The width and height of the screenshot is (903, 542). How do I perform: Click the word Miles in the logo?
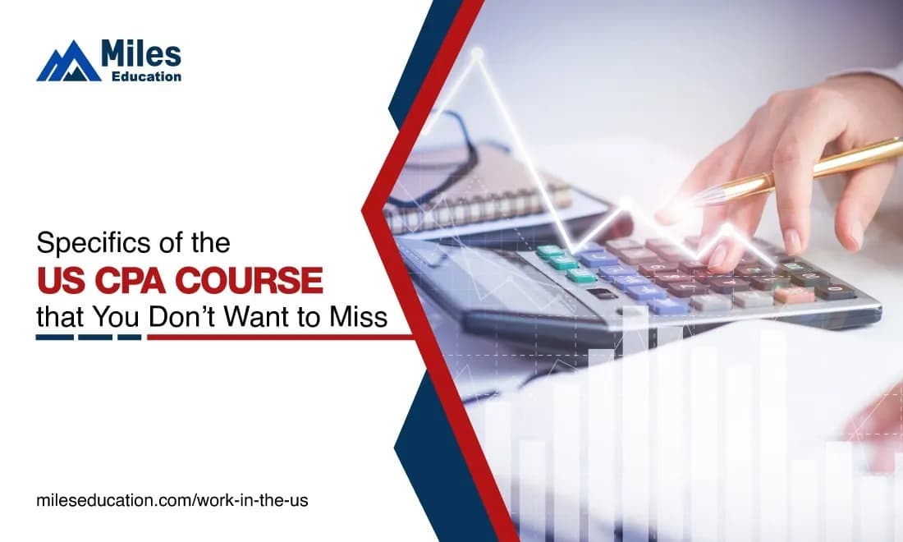141,53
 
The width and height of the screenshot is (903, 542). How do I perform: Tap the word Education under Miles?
146,76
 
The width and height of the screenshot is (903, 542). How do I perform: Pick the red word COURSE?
249,281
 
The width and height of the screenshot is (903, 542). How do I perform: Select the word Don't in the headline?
182,317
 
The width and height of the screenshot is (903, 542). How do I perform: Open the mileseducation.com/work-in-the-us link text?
172,500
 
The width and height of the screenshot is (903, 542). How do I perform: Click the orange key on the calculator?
794,295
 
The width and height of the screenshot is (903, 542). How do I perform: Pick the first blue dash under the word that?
55,337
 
